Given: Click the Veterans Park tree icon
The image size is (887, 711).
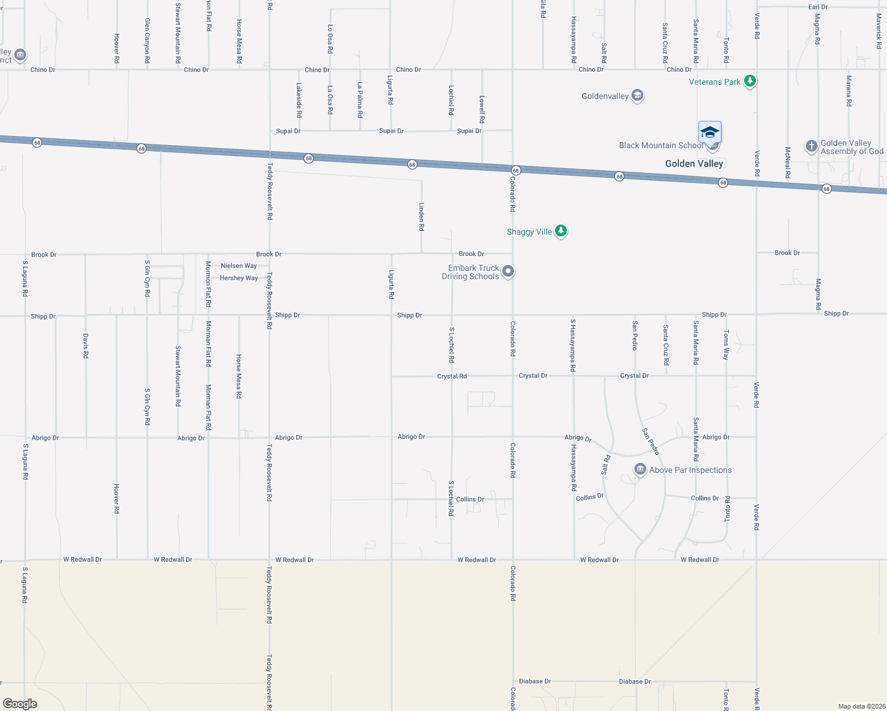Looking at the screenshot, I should pyautogui.click(x=750, y=81).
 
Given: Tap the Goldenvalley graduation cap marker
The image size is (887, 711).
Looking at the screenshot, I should pyautogui.click(x=637, y=95).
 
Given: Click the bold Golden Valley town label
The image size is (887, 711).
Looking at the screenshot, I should pyautogui.click(x=694, y=164).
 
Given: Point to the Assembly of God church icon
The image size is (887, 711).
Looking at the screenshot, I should pyautogui.click(x=812, y=146).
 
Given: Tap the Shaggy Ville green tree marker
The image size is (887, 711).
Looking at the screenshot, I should pyautogui.click(x=561, y=231).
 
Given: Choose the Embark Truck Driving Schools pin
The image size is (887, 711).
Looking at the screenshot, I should pyautogui.click(x=508, y=271).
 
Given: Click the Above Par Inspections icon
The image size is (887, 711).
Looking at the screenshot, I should pyautogui.click(x=640, y=470).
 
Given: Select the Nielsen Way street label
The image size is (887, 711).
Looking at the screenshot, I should pyautogui.click(x=239, y=266).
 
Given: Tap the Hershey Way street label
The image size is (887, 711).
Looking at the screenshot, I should pyautogui.click(x=239, y=278).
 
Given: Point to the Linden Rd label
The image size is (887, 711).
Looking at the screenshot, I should pyautogui.click(x=422, y=216).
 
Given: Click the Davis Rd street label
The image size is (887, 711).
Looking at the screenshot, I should pyautogui.click(x=86, y=346).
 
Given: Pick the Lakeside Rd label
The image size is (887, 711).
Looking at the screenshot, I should pyautogui.click(x=299, y=100).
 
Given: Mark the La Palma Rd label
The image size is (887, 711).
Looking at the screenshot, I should pyautogui.click(x=360, y=100).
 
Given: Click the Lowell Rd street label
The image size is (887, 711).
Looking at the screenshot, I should pyautogui.click(x=482, y=110).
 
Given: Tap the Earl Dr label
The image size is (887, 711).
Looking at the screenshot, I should pyautogui.click(x=818, y=7).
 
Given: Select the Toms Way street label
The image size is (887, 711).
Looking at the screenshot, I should pyautogui.click(x=726, y=345).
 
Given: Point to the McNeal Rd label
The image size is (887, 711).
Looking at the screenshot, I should pyautogui.click(x=788, y=163).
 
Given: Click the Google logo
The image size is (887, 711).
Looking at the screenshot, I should pyautogui.click(x=20, y=704).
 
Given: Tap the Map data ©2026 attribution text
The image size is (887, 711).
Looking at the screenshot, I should pyautogui.click(x=860, y=706).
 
